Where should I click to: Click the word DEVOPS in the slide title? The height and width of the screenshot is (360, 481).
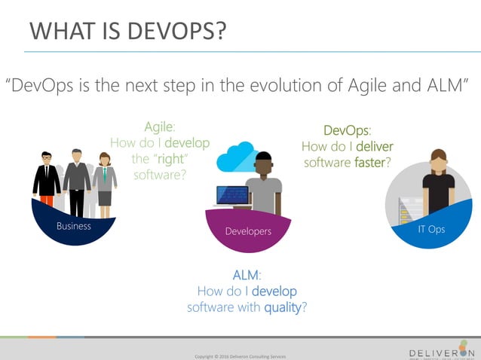(171, 32)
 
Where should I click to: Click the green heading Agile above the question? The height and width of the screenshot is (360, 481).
(159, 127)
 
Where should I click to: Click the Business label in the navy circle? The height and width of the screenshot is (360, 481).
(73, 226)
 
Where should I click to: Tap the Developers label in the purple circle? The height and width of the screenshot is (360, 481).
(248, 231)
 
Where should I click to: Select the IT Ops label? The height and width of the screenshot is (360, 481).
(431, 229)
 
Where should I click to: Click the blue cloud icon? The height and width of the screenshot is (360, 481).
(234, 158)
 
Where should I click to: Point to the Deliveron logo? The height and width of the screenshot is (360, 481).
(440, 351)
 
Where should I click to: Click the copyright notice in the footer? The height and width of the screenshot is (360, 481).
(240, 356)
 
